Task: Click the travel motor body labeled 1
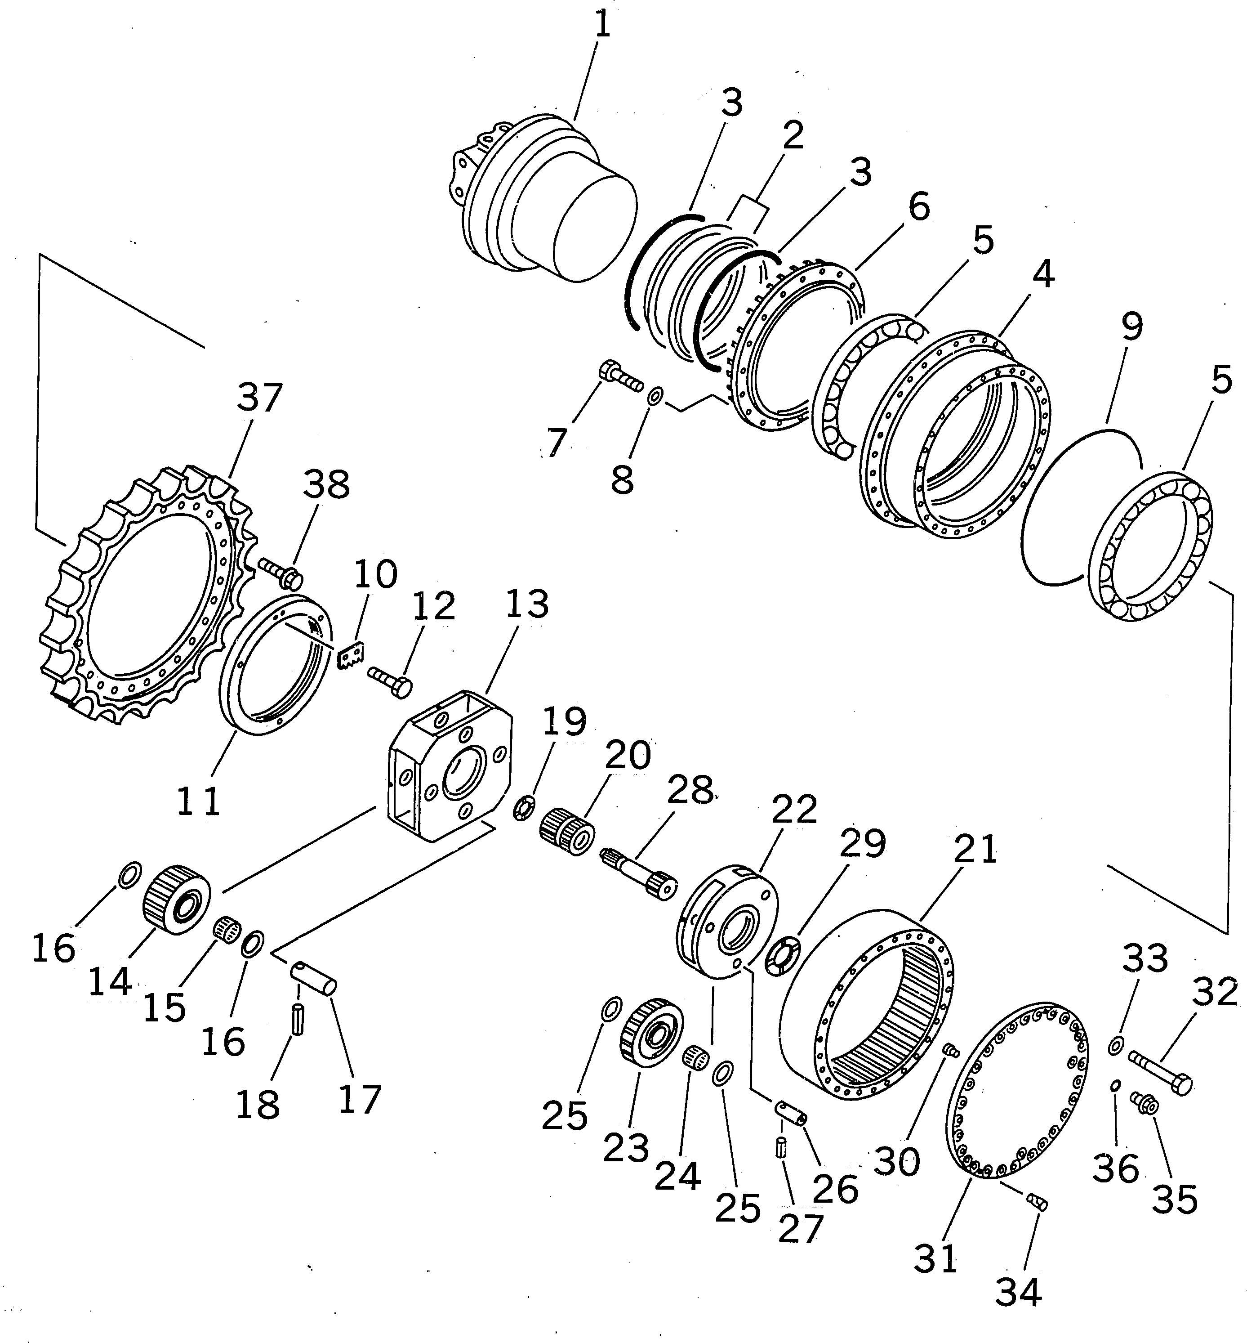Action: [547, 202]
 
